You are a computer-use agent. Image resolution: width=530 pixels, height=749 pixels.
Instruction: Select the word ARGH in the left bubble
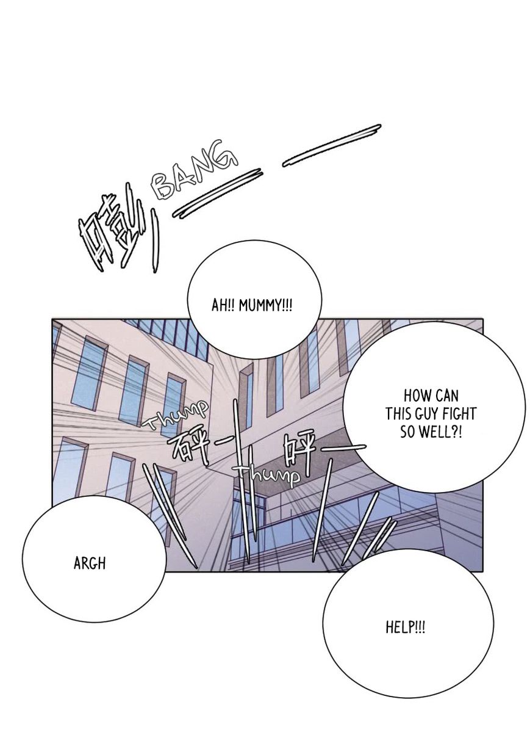point(90,564)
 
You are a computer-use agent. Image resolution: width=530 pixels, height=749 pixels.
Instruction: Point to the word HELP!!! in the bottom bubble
point(406,628)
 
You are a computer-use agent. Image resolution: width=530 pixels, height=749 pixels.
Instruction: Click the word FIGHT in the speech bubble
point(458,414)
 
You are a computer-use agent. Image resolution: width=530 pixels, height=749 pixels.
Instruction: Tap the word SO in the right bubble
point(407,433)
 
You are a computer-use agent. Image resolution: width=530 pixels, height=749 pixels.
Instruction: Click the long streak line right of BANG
point(332,145)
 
